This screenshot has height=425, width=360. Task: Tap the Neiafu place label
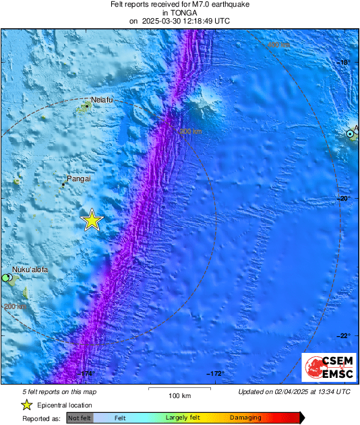(x=102, y=100)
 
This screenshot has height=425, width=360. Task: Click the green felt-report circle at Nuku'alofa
(x=5, y=277)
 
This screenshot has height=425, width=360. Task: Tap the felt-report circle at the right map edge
(x=351, y=134)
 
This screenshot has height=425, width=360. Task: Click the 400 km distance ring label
(x=278, y=44)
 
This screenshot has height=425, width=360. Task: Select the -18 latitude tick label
(x=344, y=62)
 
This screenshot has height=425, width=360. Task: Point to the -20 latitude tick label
(x=344, y=198)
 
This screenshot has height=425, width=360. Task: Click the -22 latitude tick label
(x=344, y=335)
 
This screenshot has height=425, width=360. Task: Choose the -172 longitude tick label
(x=214, y=373)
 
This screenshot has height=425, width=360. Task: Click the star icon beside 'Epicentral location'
(x=27, y=405)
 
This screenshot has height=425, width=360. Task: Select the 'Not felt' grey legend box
(x=80, y=418)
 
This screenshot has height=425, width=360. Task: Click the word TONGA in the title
(x=179, y=12)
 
